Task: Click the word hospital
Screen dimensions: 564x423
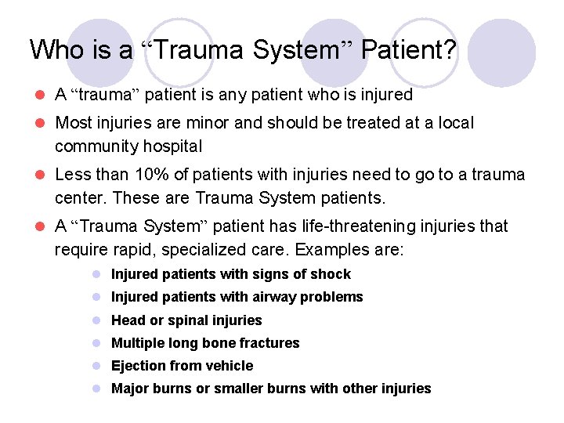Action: (x=170, y=146)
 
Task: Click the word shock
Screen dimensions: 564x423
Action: (x=331, y=274)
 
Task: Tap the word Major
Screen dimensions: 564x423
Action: (x=130, y=389)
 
